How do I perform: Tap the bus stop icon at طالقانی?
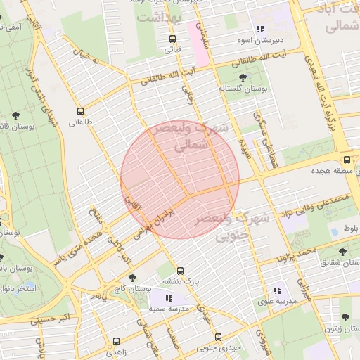point(80,110)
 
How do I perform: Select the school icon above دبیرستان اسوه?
point(260,29)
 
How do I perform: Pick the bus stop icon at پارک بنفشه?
point(181,270)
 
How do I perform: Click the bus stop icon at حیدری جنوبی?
point(218,337)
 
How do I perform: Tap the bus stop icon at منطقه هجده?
point(346,160)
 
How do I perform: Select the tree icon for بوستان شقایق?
point(343,251)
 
